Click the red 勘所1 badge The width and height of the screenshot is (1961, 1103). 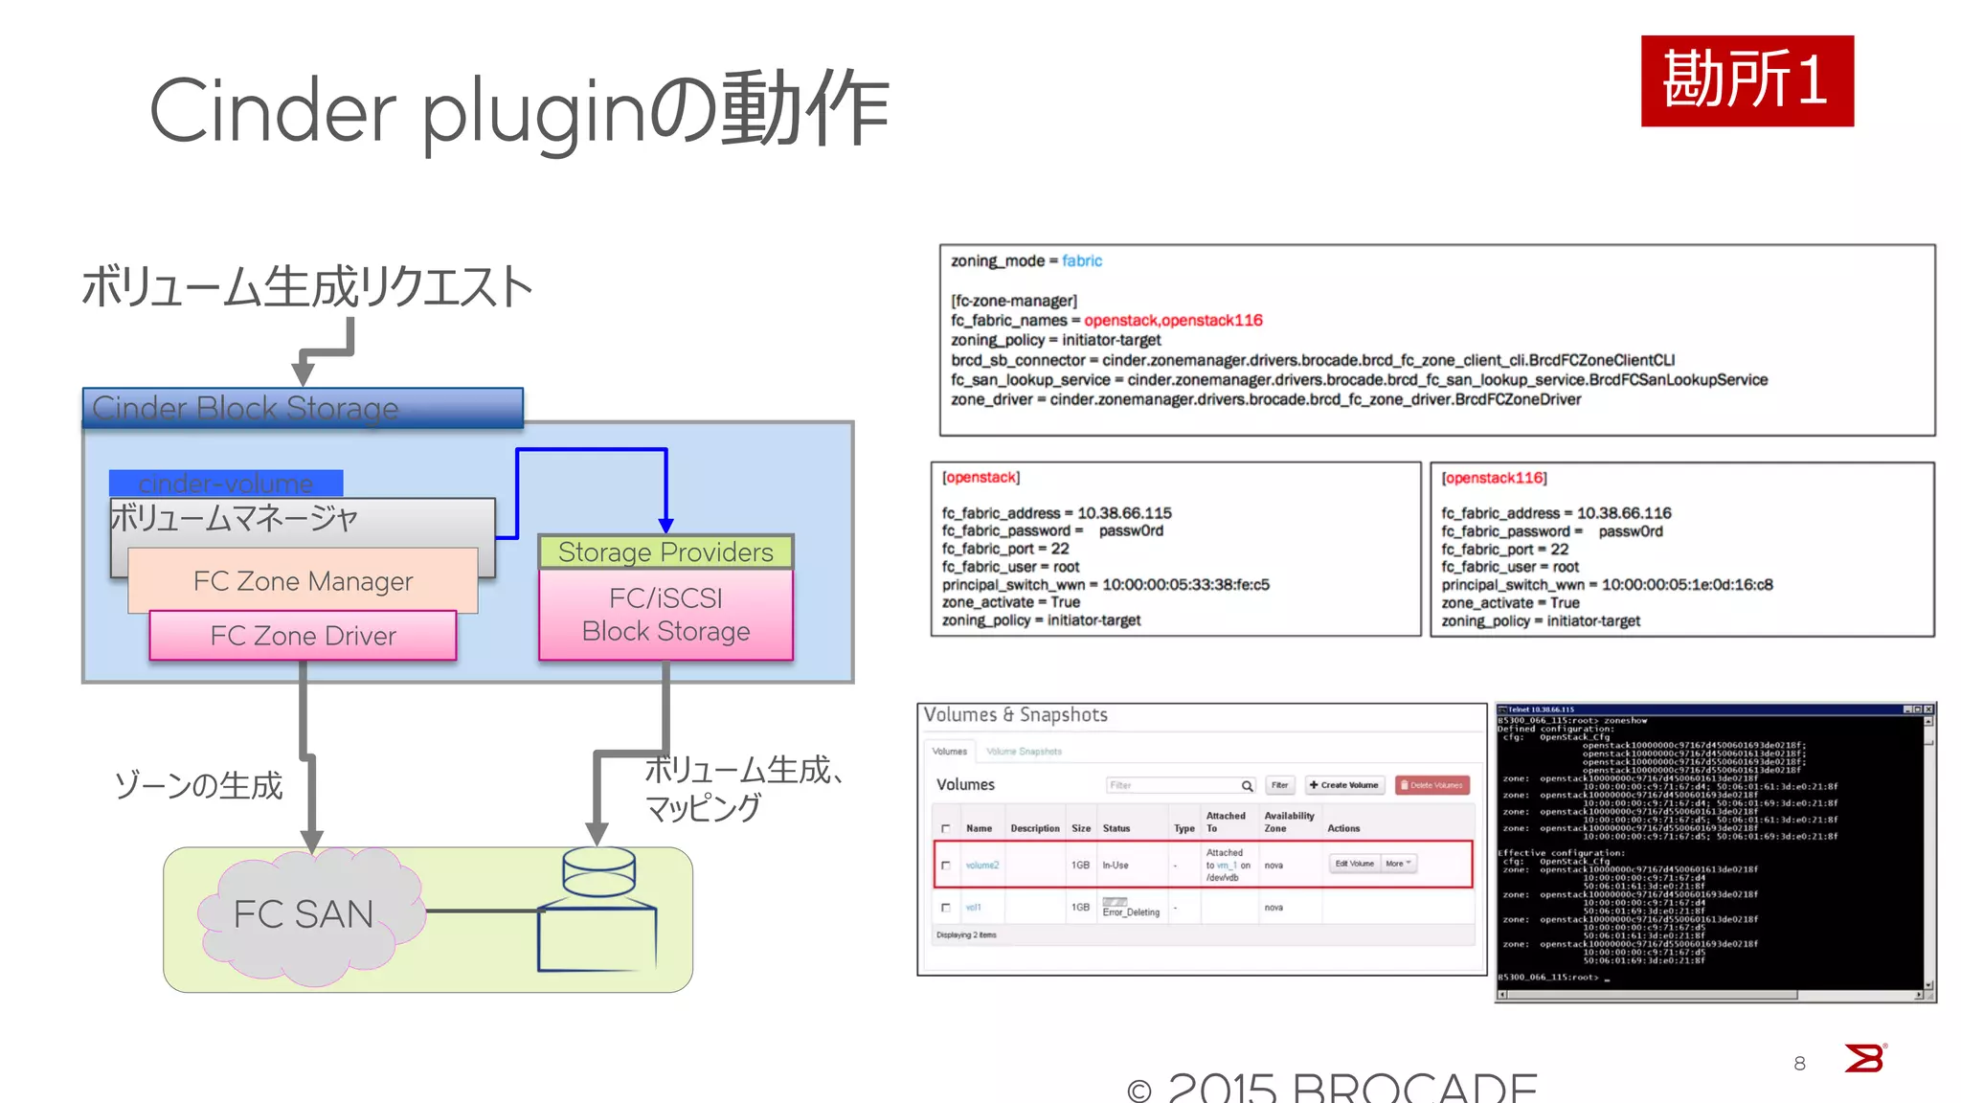tap(1747, 80)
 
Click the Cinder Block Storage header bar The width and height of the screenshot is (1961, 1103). tap(303, 408)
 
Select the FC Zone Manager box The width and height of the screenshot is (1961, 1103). tap(303, 580)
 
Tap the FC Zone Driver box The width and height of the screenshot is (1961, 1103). tap(303, 636)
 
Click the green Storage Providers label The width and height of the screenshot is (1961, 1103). tap(665, 552)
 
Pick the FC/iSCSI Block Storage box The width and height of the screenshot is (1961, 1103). tap(665, 615)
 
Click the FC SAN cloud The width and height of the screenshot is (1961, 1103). tap(304, 914)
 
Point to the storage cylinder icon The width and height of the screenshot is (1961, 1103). tap(598, 871)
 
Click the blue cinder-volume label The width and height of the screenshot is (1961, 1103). tap(226, 483)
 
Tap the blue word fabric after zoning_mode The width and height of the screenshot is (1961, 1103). tap(1082, 260)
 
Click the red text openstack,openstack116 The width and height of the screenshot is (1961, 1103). tap(1173, 320)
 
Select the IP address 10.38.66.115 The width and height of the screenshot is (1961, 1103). tap(1124, 513)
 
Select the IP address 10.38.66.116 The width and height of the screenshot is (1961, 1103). tap(1624, 513)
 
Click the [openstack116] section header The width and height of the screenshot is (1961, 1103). tap(1495, 478)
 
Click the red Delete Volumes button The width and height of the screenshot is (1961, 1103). tap(1432, 785)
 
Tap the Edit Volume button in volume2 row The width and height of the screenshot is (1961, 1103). tap(1354, 864)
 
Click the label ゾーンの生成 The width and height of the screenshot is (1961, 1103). tap(198, 786)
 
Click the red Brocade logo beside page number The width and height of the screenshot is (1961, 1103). tap(1864, 1059)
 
